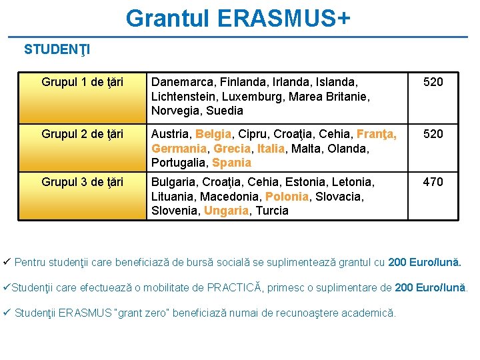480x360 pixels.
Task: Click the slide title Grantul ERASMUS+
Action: [237, 18]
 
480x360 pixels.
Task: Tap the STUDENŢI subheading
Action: [57, 49]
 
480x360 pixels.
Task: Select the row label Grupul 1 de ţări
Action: [82, 82]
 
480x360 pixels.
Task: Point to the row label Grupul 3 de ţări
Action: [82, 181]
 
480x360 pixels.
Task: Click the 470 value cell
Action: [433, 181]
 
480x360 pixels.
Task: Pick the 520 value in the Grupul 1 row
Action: [433, 82]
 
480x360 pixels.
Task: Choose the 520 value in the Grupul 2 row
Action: [433, 134]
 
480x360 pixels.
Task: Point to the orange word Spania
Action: [231, 163]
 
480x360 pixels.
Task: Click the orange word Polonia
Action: [287, 196]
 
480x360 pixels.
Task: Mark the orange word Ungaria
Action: [226, 211]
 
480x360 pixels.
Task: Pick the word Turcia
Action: [272, 211]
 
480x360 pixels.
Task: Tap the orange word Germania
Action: [179, 149]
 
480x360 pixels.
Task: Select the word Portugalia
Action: [179, 163]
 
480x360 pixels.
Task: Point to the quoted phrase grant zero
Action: [151, 313]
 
